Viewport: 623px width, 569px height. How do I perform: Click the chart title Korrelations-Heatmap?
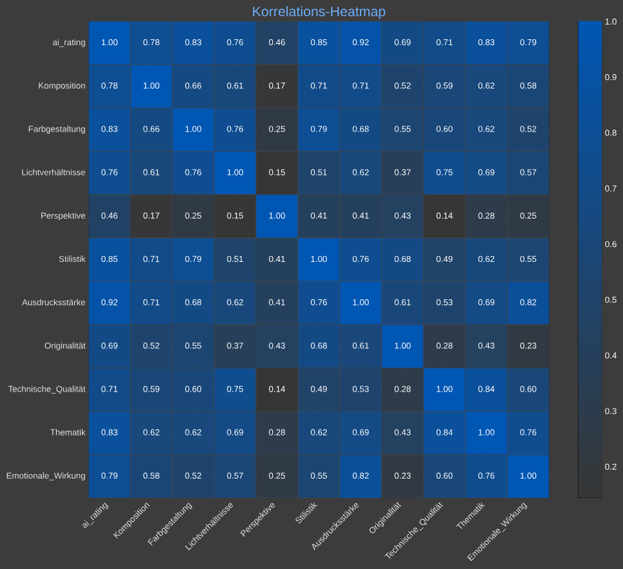(319, 12)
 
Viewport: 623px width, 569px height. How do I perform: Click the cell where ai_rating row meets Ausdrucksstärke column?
(361, 43)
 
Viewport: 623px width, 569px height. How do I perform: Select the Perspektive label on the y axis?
(63, 215)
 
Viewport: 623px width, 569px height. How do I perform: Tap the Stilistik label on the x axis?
(306, 516)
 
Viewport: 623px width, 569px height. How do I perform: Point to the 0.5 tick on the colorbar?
(610, 299)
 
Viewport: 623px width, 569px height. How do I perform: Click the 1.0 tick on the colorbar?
(610, 22)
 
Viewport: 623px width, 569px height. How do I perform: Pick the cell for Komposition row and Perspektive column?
(277, 86)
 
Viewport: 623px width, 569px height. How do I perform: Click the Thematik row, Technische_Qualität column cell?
(444, 432)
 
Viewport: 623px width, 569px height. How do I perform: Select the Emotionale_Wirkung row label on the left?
(46, 475)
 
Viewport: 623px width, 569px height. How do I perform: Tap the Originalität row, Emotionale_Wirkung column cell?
(528, 346)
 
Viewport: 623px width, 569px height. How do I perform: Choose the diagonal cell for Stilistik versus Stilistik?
(319, 259)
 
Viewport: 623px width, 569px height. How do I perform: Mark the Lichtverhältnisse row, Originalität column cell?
(402, 172)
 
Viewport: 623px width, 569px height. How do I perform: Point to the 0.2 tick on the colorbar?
(610, 466)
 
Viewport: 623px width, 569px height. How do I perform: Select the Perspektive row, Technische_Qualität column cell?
(444, 215)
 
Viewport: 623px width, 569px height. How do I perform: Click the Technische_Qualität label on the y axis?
(46, 389)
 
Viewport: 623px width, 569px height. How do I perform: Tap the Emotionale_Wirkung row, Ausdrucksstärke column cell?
(361, 475)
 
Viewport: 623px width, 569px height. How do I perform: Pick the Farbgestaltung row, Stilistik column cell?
(319, 129)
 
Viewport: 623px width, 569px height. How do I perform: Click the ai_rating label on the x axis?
(95, 515)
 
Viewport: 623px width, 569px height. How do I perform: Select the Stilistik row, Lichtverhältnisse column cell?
(235, 259)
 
